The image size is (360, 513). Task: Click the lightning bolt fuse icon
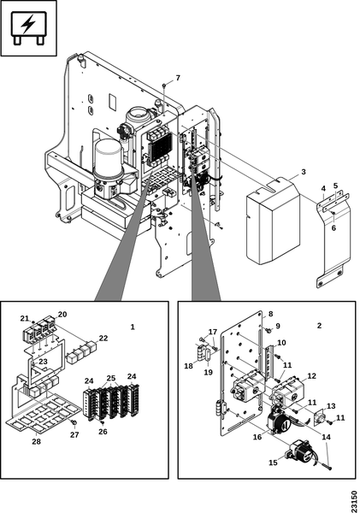point(28,28)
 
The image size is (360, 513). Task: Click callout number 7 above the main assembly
point(178,78)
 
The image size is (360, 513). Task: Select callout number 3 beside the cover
point(304,172)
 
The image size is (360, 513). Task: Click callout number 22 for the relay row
point(103,339)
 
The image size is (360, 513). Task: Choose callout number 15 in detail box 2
point(273,463)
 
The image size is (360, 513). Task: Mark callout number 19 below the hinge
point(208,372)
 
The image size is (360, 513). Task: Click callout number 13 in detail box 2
point(331,406)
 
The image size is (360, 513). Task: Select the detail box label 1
point(133,327)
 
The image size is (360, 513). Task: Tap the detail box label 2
point(320,326)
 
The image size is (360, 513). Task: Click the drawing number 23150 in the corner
point(354,500)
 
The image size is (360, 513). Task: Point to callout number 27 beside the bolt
point(74,435)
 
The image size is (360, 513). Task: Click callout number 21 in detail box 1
point(25,318)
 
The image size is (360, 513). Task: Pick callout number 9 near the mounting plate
point(278,327)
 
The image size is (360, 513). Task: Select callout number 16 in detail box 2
point(257,437)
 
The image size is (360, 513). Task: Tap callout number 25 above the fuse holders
point(111,378)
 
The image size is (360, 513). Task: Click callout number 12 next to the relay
point(311,376)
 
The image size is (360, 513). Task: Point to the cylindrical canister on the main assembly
point(109,157)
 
